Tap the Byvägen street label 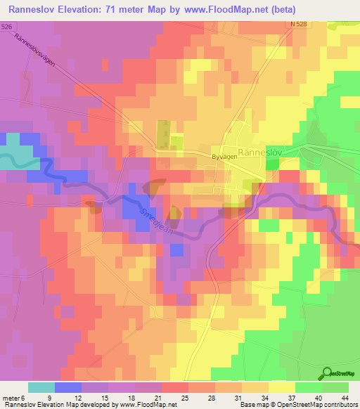pos(224,157)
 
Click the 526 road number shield pos(6,26)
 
